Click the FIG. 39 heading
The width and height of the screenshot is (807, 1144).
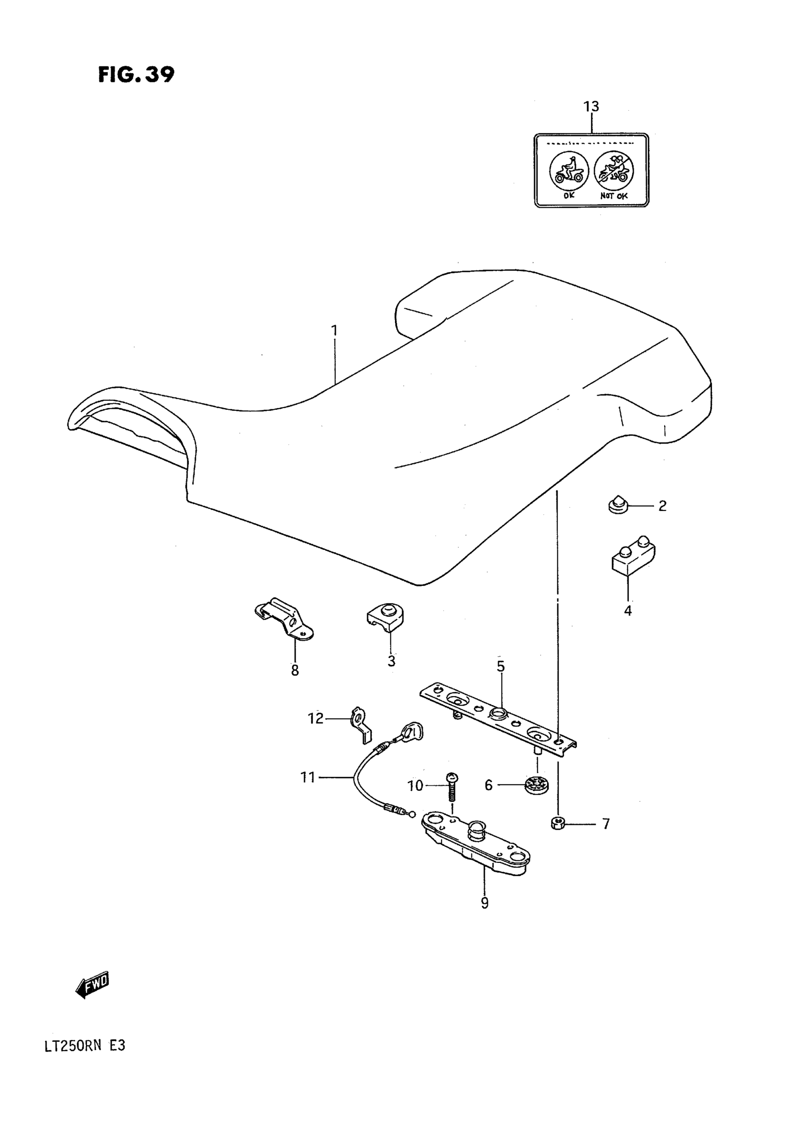point(136,75)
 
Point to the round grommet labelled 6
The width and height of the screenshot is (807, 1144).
point(537,785)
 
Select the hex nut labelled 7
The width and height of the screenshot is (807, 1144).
point(557,823)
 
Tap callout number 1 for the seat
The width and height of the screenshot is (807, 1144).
point(334,331)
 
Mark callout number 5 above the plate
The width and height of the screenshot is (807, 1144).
point(501,666)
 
